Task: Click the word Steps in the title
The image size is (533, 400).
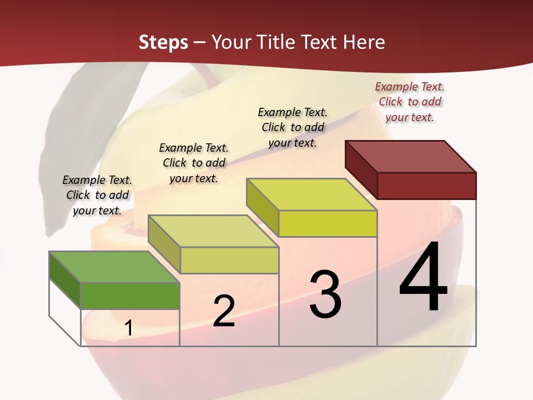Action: point(163,42)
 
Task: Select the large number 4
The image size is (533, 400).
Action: point(424,278)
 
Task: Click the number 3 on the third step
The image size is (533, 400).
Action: point(325,295)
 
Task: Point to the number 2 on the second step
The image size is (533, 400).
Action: point(224,311)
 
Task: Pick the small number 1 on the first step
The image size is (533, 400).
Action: point(129,328)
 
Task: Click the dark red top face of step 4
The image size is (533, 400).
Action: point(410,157)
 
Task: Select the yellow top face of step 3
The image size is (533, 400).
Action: point(311,194)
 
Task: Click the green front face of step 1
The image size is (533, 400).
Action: point(130,296)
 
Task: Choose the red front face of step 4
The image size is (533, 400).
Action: point(426,186)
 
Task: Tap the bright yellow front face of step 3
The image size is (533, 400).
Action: point(328,223)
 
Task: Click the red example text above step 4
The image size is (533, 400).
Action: point(410,102)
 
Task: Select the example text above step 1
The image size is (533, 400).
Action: point(97,195)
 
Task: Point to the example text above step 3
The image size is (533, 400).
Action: point(293,127)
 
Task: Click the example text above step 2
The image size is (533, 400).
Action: point(194,163)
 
